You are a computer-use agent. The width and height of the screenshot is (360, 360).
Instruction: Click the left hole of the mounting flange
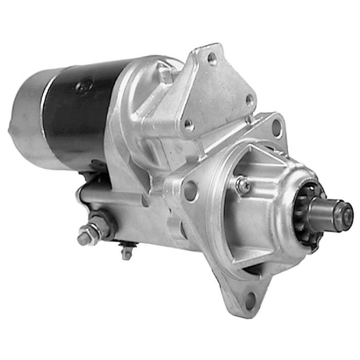190,191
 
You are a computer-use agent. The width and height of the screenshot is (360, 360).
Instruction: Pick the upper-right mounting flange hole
276,127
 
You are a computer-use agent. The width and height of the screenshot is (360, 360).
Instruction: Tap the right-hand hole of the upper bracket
249,100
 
